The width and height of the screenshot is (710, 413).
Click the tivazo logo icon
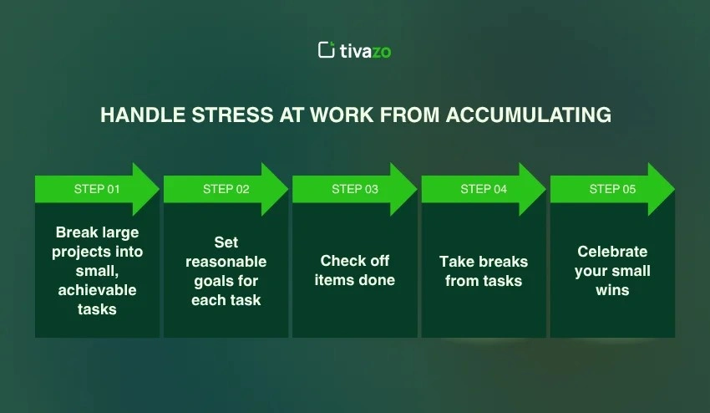click(x=326, y=50)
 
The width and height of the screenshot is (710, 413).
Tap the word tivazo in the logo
click(x=365, y=51)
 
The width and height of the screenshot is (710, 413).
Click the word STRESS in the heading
click(x=232, y=115)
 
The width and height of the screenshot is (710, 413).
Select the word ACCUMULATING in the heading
click(x=529, y=115)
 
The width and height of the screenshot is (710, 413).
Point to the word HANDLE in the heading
click(x=143, y=115)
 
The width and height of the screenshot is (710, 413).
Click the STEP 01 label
click(x=97, y=189)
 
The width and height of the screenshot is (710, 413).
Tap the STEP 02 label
click(x=226, y=189)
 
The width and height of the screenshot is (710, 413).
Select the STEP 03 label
click(x=355, y=189)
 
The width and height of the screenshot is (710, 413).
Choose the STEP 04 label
click(x=484, y=189)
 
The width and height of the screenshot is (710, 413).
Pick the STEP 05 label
click(x=612, y=189)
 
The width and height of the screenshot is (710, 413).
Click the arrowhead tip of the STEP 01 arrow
click(x=159, y=189)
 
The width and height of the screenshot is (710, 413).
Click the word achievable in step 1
click(x=98, y=290)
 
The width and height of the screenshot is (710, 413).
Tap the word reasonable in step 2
click(x=226, y=262)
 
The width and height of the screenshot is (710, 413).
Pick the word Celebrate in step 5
click(x=612, y=251)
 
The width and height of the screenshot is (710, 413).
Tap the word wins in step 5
click(x=612, y=290)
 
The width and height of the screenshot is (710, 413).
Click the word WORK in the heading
click(x=342, y=115)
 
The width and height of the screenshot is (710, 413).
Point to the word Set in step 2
click(x=226, y=242)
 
